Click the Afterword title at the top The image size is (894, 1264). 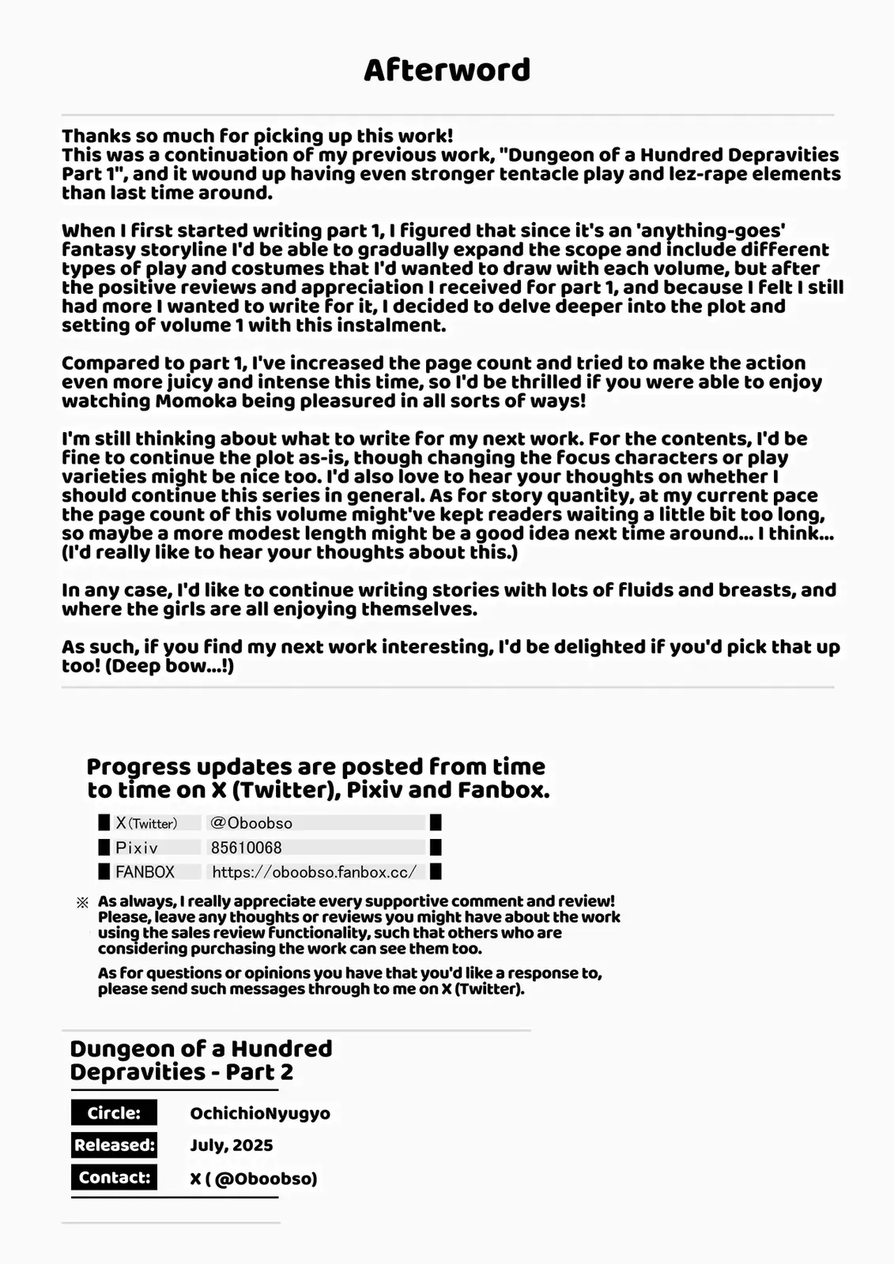click(447, 70)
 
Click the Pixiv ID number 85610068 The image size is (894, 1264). click(246, 848)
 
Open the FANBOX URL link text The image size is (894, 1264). click(314, 872)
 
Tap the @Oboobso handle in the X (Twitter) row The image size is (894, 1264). click(251, 823)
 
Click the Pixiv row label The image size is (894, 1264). click(136, 848)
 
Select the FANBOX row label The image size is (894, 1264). click(145, 872)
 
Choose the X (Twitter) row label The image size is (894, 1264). click(146, 823)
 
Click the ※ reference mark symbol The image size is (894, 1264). click(82, 902)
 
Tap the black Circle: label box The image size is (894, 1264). click(114, 1113)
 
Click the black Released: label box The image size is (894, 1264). click(114, 1145)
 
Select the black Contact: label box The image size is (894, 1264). click(114, 1177)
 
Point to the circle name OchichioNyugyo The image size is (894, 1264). click(260, 1114)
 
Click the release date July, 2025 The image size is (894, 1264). click(231, 1145)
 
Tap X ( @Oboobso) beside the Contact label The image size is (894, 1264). click(253, 1179)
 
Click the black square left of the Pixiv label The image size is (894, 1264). click(104, 848)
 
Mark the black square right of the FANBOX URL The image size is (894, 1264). click(436, 872)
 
